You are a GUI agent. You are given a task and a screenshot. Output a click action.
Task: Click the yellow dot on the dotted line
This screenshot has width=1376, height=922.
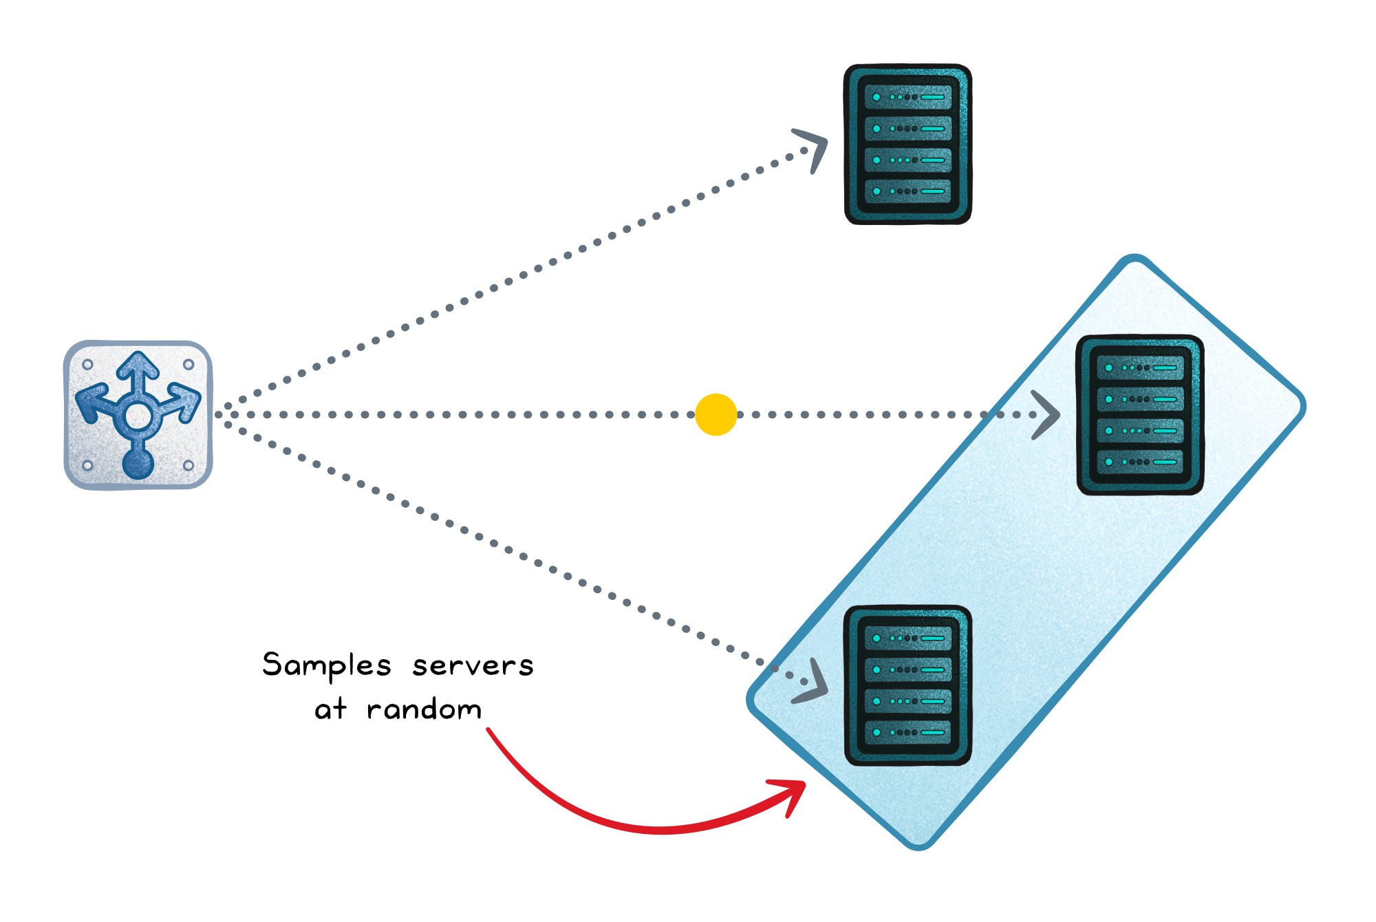click(x=716, y=414)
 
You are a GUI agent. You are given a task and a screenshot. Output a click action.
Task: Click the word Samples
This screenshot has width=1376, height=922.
click(x=327, y=666)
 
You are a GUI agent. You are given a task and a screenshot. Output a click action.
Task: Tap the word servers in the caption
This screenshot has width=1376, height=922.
click(x=473, y=666)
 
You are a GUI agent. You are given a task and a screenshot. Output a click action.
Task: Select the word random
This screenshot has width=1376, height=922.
click(x=424, y=709)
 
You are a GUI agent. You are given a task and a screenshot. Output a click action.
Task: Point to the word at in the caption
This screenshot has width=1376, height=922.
click(x=330, y=709)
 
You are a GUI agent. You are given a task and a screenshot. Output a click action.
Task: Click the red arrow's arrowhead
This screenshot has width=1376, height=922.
click(x=791, y=795)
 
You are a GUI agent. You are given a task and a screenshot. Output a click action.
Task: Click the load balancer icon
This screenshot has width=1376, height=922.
click(x=138, y=414)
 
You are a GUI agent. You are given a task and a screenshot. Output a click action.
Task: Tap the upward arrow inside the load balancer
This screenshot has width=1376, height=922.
click(x=138, y=372)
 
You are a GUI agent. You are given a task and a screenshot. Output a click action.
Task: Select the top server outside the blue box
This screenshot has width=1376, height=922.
click(x=907, y=144)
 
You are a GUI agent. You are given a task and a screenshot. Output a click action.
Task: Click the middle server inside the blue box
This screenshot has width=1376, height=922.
click(x=1139, y=415)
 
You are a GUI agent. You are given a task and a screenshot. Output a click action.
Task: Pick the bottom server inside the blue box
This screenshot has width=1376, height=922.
click(x=907, y=685)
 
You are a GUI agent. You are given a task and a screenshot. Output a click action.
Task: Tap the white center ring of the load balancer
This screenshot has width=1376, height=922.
click(x=138, y=416)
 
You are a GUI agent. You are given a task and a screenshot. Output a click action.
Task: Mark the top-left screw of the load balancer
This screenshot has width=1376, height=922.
click(x=87, y=364)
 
